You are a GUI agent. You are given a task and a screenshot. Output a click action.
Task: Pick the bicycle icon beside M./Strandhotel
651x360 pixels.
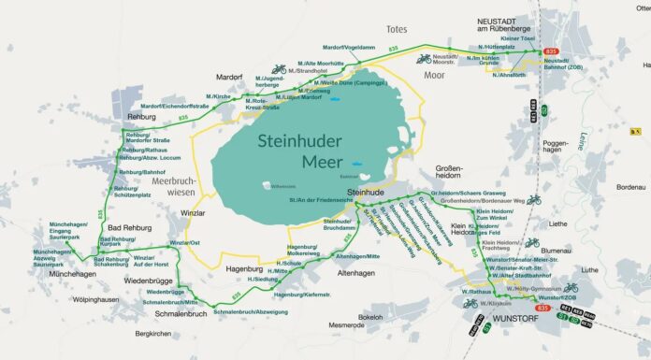pos(278,69)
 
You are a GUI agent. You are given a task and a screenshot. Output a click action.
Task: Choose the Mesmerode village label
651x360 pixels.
pos(347,324)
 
